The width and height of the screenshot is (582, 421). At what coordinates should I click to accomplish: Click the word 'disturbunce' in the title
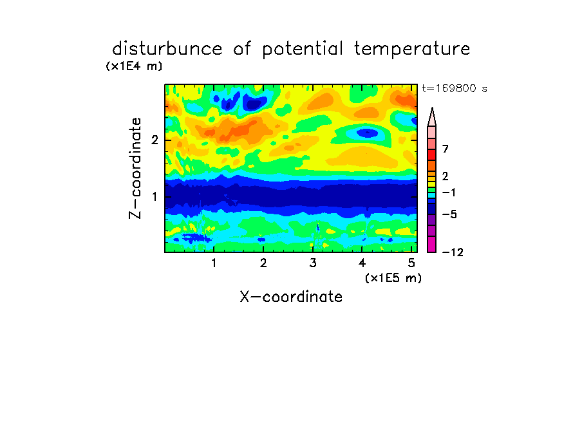tap(167, 48)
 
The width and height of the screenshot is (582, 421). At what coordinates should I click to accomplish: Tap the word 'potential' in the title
tap(302, 50)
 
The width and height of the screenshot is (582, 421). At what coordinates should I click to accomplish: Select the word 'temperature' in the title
tap(412, 49)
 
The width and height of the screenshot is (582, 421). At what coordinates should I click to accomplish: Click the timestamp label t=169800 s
tap(455, 88)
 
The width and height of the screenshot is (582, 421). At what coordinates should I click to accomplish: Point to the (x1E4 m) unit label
tap(134, 66)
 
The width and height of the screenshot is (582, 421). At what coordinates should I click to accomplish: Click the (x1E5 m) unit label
tap(393, 277)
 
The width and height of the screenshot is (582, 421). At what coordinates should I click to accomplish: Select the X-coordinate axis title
tap(291, 297)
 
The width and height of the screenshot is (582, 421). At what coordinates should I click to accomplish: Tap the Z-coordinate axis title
tap(135, 168)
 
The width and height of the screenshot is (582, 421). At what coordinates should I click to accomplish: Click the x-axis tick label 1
tap(214, 263)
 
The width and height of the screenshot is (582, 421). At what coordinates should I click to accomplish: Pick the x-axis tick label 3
tap(313, 263)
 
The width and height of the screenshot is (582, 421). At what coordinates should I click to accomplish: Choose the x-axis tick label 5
tap(411, 263)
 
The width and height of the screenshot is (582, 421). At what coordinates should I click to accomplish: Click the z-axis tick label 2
tap(155, 140)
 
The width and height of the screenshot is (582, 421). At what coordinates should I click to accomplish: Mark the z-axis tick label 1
tap(155, 196)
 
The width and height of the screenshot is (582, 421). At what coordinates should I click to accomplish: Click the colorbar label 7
tap(446, 149)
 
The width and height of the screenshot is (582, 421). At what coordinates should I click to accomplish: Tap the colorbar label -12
tap(453, 252)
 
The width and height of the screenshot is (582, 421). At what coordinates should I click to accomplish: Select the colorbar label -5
tap(449, 214)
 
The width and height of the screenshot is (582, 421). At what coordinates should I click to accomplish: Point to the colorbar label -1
tap(449, 192)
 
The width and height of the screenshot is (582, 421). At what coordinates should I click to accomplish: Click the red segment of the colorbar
tap(432, 154)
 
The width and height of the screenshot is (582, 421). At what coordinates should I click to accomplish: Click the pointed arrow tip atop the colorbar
tap(432, 108)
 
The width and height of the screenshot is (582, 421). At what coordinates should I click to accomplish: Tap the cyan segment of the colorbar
tap(432, 195)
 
